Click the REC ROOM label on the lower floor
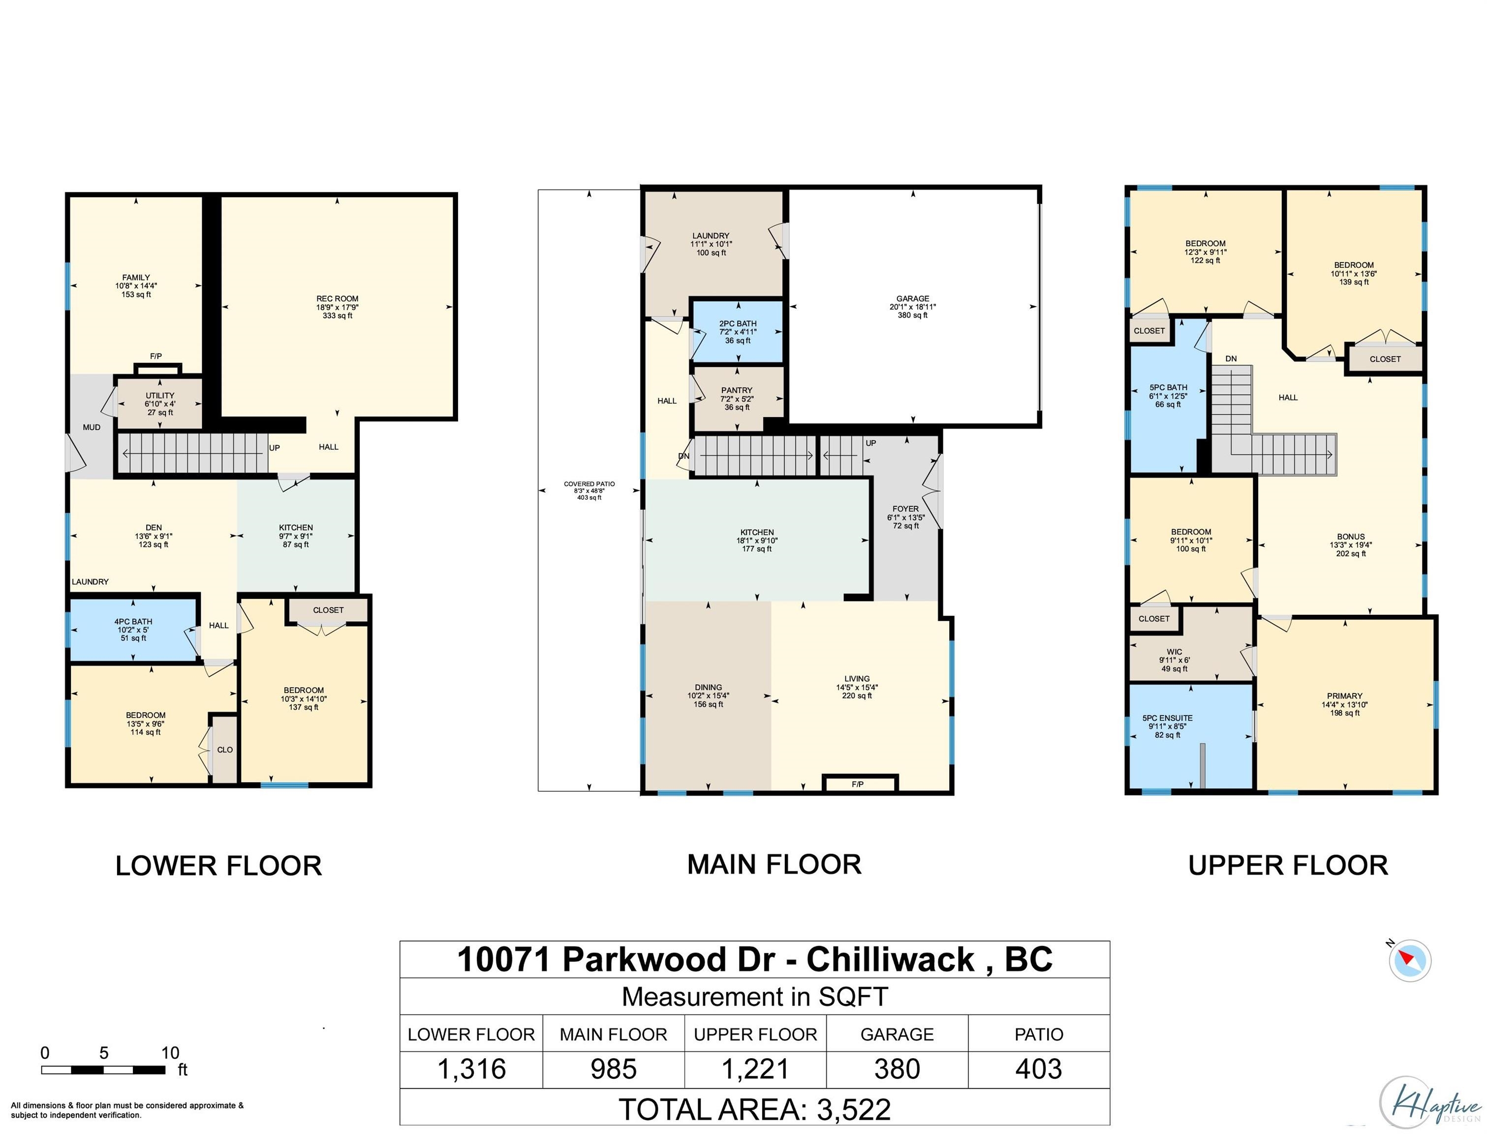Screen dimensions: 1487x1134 point(338,298)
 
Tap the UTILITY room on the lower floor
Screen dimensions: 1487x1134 point(160,404)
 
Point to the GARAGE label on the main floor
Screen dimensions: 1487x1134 point(912,298)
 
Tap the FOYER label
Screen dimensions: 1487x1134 point(905,509)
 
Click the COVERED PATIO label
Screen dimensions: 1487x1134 point(589,484)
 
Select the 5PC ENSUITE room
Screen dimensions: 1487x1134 point(1190,736)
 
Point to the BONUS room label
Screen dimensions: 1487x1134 point(1351,536)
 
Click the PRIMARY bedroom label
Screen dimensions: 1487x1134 point(1345,696)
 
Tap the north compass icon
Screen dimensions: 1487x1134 point(1409,960)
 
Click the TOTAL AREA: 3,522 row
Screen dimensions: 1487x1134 point(755,1109)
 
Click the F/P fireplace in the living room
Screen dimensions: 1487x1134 point(860,783)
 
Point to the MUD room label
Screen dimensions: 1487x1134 point(92,427)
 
